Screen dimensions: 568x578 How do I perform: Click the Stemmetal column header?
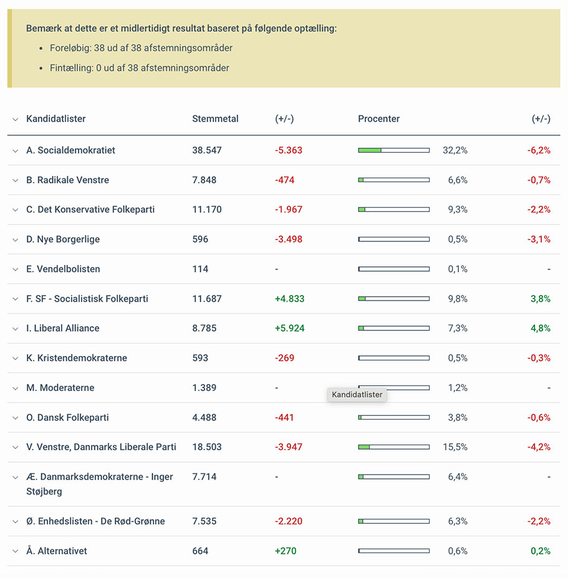pos(215,118)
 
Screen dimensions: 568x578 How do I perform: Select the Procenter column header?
pos(378,118)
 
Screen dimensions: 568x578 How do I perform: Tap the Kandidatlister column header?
pos(55,118)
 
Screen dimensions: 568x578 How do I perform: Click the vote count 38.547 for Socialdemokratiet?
pos(207,150)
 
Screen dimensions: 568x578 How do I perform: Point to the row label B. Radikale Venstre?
pos(67,180)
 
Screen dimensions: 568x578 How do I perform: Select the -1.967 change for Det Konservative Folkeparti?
pos(289,210)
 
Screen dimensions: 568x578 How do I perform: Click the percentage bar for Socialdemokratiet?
pos(393,150)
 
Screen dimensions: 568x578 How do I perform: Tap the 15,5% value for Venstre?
pos(455,447)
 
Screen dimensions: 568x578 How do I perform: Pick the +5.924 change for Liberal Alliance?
pos(290,328)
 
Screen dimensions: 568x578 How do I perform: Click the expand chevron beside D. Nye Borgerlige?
pos(15,240)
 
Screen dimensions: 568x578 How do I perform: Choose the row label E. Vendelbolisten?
pos(63,269)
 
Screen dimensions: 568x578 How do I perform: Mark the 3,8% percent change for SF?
pos(541,299)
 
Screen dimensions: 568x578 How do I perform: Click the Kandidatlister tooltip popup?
pos(357,395)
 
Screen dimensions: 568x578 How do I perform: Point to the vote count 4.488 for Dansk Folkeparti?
pos(205,417)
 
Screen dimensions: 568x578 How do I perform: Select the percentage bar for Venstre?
pos(393,447)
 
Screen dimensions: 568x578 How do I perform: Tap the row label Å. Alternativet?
pos(56,551)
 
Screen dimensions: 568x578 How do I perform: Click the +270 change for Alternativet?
pos(286,551)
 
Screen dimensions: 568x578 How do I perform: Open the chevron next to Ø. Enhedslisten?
pos(15,522)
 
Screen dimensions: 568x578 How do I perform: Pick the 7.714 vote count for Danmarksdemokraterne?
pos(205,476)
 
